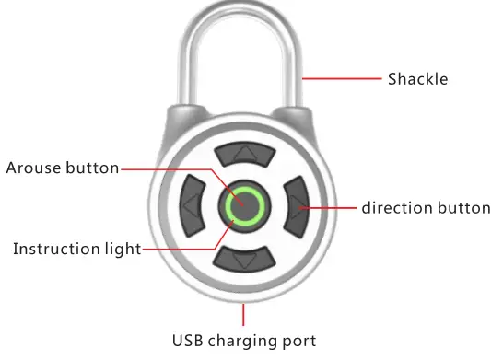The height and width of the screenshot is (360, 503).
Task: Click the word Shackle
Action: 417,79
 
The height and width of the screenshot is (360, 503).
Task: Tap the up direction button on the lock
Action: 244,152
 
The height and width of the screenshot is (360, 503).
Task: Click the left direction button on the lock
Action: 191,207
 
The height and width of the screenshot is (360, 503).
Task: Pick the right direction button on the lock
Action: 298,207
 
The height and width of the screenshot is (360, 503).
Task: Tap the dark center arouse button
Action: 244,207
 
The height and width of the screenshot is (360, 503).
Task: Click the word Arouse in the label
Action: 33,168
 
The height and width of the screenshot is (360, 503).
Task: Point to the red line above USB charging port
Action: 244,314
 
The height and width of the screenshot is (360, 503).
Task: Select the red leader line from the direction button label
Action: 332,208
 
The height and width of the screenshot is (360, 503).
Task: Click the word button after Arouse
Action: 92,168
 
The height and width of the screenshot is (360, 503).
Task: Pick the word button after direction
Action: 465,208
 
